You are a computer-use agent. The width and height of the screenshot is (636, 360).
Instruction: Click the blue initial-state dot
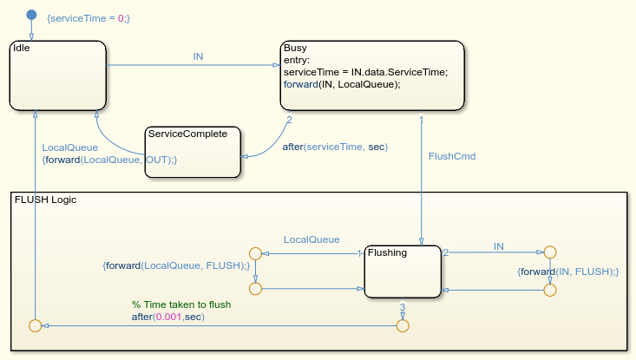point(31,15)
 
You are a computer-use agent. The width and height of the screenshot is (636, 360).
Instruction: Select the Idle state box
point(58,75)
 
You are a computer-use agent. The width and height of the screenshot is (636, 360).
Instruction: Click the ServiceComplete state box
point(193,152)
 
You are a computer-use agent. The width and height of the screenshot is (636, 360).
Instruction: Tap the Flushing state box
point(403,272)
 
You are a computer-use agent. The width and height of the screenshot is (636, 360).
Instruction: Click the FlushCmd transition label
point(452,156)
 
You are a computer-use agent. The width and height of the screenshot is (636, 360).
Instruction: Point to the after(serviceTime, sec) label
point(335,147)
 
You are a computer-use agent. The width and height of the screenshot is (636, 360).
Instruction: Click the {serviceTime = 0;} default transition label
point(89,18)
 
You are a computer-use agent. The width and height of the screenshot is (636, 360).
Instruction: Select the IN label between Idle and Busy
point(198,56)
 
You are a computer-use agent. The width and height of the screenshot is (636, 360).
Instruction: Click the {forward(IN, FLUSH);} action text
point(567,272)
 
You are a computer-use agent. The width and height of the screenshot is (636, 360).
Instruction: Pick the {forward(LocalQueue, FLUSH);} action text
point(176,265)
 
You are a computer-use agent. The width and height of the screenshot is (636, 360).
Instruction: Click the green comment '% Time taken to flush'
point(181,304)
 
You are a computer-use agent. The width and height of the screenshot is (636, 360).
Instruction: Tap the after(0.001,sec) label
point(168,317)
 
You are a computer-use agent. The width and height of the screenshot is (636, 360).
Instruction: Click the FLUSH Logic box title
point(45,200)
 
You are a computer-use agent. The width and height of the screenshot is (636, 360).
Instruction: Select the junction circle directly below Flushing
point(403,325)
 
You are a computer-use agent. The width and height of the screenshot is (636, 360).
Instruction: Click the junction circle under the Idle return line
point(36,325)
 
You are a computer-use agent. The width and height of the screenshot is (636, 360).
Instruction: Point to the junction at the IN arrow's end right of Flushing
point(549,252)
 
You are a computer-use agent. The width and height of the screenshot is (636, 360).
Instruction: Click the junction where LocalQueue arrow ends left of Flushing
point(255,254)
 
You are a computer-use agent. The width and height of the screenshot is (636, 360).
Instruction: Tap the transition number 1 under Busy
point(421,120)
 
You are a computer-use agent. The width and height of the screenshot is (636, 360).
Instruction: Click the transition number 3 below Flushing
point(403,307)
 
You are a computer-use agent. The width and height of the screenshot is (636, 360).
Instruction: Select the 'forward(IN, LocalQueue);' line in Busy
point(342,84)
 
